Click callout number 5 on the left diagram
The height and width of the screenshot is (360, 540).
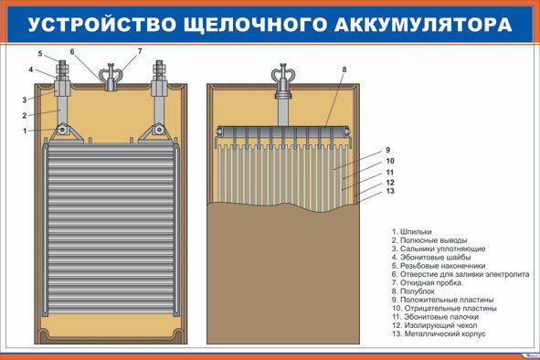click(x=39, y=53)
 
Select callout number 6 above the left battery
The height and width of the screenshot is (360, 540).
click(x=72, y=51)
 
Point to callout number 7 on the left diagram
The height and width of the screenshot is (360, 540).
click(x=140, y=51)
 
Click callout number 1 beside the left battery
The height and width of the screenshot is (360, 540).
click(x=26, y=131)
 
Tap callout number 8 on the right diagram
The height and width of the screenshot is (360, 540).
click(x=344, y=69)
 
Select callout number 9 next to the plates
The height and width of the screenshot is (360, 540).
click(x=388, y=150)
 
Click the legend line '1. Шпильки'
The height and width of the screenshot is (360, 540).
click(x=412, y=231)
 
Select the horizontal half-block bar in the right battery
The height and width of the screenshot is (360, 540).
click(x=284, y=131)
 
